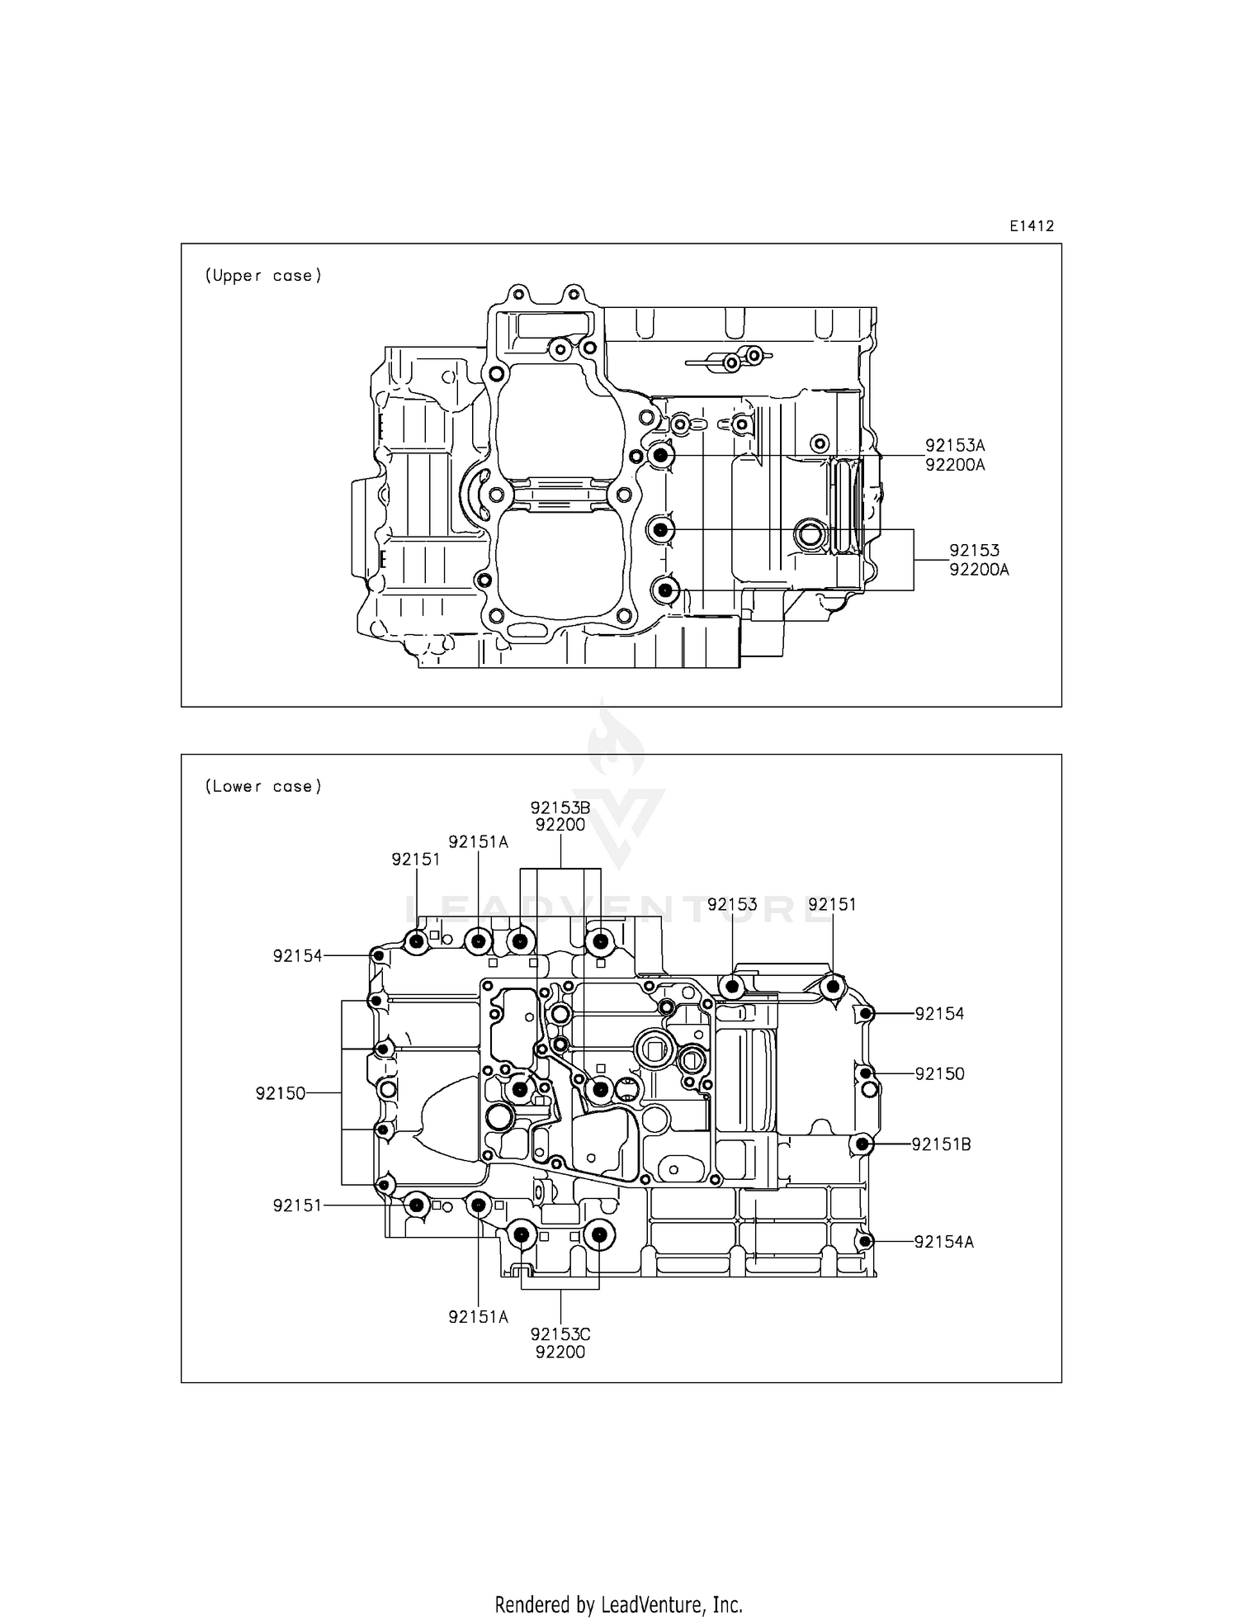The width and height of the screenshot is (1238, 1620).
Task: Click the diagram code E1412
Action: pos(1031,226)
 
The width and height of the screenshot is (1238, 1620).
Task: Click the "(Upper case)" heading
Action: pos(263,276)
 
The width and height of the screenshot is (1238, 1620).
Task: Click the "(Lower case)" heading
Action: pos(263,786)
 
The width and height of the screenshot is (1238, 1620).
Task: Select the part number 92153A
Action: pos(955,446)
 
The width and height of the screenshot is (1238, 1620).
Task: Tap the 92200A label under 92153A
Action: pos(955,465)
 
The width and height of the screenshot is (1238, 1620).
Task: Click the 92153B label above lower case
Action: pos(560,808)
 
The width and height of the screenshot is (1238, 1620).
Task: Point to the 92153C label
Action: pos(560,1334)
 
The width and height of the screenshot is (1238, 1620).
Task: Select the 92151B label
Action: pos(941,1144)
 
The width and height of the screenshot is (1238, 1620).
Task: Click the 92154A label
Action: pos(943,1242)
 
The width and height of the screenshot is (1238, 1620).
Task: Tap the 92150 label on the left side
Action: pos(281,1093)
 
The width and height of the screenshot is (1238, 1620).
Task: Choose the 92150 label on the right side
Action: pos(939,1074)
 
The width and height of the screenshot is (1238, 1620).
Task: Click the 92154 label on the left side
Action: pos(297,956)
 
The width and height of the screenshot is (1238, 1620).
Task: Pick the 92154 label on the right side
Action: pos(939,1014)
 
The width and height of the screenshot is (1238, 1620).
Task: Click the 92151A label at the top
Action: pos(478,842)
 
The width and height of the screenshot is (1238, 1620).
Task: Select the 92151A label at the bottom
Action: pos(478,1317)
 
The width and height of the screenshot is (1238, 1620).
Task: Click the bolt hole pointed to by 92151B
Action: pos(862,1144)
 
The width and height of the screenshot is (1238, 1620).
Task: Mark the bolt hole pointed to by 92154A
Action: pos(864,1241)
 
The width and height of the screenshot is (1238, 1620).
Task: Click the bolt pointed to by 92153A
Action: pos(661,455)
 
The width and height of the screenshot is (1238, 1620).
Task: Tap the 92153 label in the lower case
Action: pos(732,904)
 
